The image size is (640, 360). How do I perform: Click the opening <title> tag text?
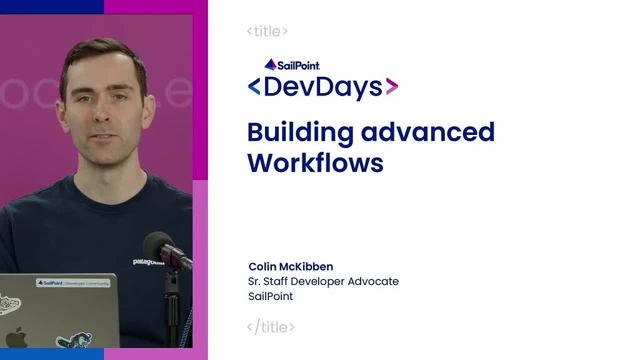click(267, 31)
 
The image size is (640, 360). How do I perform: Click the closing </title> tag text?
click(270, 326)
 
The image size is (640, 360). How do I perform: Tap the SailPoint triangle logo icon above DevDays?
click(270, 64)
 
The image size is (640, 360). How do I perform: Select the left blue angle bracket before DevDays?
click(254, 87)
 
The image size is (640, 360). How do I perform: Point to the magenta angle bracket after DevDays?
click(392, 87)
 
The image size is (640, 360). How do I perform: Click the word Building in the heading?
click(300, 132)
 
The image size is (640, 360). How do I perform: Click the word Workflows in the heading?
click(315, 162)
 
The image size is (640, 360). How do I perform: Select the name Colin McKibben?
click(291, 267)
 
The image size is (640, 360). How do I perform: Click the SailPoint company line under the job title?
click(270, 296)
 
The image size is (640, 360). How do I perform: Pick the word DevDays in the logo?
click(322, 87)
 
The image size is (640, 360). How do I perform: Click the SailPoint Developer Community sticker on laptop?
click(73, 283)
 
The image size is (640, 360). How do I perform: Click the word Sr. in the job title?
click(255, 281)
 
